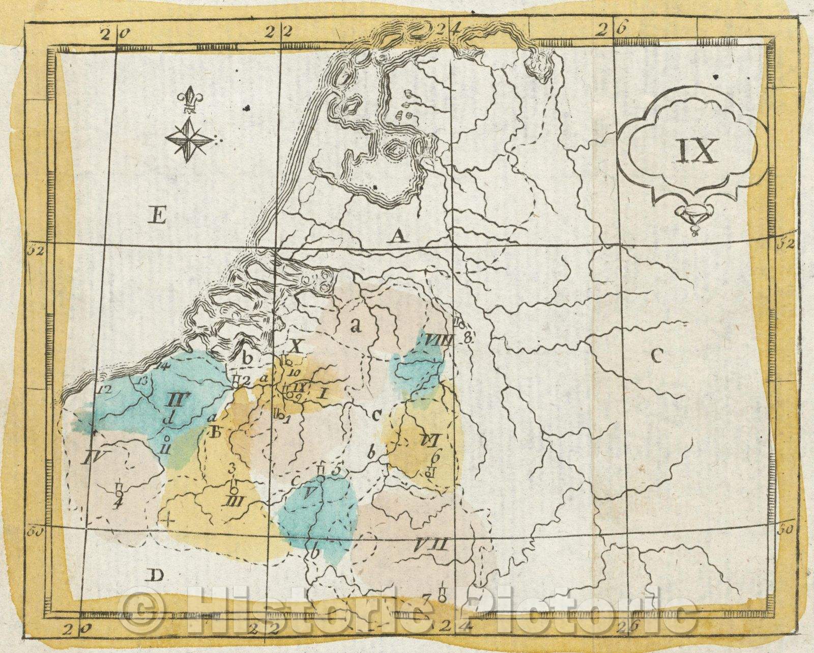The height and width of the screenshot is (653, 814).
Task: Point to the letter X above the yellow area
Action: [297, 346]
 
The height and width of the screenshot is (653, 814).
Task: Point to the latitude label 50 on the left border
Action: [34, 532]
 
